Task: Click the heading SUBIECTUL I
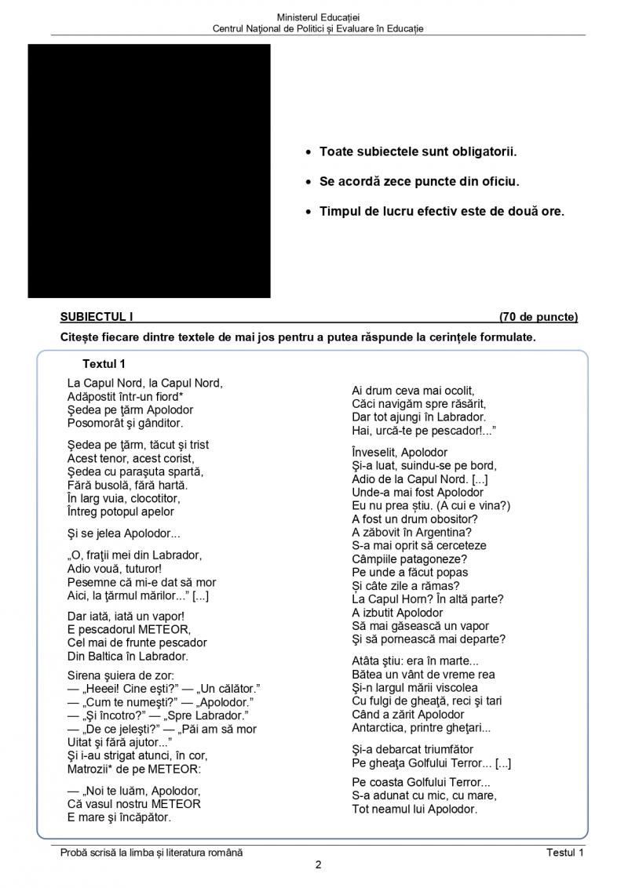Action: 97,317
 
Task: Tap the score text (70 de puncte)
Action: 538,317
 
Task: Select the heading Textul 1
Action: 104,364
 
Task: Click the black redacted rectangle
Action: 149,171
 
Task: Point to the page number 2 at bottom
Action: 318,866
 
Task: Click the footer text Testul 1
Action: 565,853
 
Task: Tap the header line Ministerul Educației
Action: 318,17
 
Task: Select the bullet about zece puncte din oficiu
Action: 419,181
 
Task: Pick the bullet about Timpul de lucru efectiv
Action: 441,212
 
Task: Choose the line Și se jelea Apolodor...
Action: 123,533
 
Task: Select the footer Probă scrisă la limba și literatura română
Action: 152,853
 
